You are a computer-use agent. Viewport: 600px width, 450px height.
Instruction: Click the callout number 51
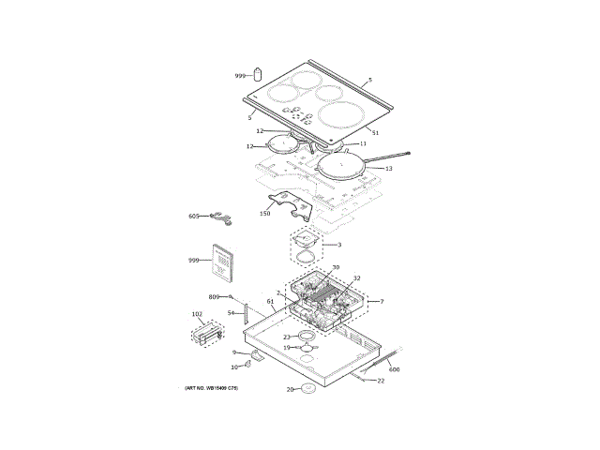(x=375, y=132)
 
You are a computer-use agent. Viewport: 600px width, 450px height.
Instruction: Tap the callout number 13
(x=388, y=168)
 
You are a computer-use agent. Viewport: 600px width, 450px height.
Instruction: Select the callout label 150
(x=264, y=214)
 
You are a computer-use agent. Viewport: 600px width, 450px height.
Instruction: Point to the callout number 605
(x=194, y=217)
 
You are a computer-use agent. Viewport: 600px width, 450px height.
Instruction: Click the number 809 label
(x=214, y=296)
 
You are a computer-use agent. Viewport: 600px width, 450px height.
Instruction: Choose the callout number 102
(x=197, y=314)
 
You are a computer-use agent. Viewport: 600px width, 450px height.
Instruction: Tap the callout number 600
(x=394, y=369)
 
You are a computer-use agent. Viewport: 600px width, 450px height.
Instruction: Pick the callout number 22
(x=381, y=381)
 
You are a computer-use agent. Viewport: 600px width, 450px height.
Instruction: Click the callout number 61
(x=271, y=302)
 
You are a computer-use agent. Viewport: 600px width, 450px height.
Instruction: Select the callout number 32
(x=357, y=278)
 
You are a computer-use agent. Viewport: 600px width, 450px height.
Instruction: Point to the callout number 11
(x=362, y=144)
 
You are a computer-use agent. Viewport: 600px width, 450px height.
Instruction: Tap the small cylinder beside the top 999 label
(x=258, y=74)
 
